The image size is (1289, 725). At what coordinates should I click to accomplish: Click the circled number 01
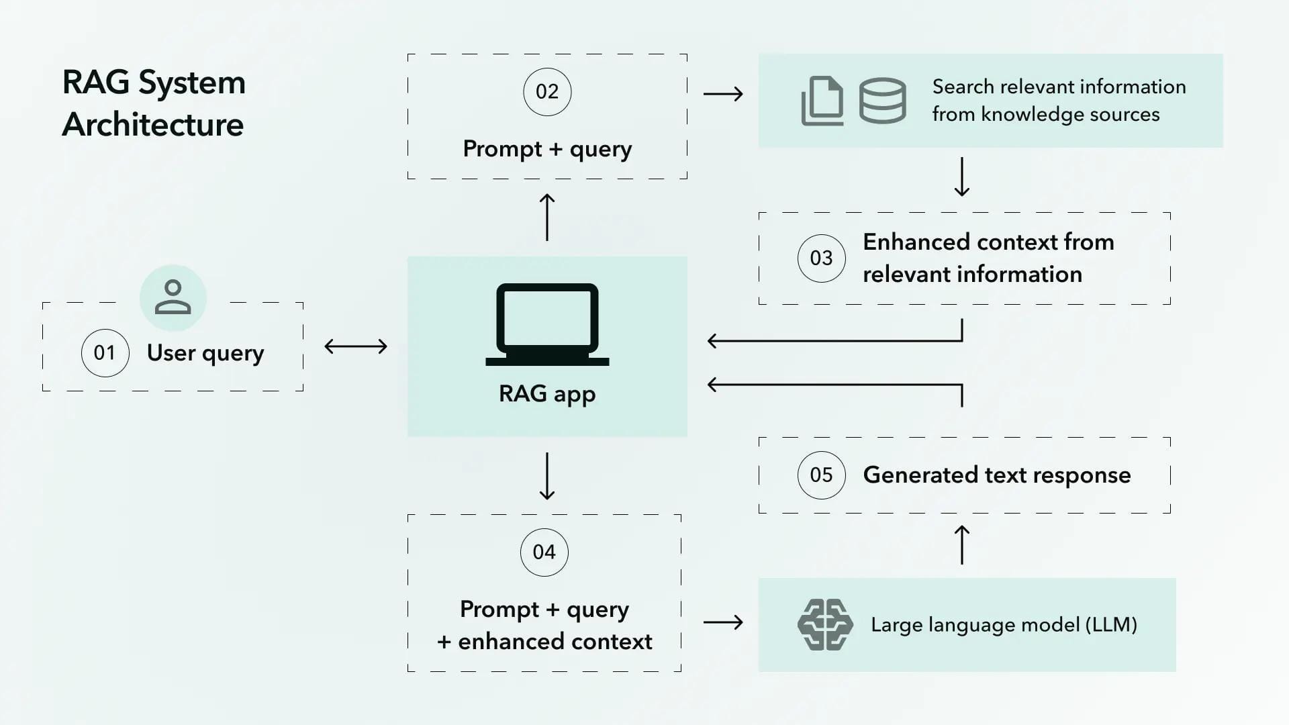tap(105, 352)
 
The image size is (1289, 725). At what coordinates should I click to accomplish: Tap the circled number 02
tap(547, 92)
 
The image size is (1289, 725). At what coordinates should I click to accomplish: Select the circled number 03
tap(821, 258)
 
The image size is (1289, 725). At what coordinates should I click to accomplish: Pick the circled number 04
tap(544, 552)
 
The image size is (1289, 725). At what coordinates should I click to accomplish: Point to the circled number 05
tap(821, 475)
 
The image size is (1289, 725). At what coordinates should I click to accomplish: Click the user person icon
tap(173, 297)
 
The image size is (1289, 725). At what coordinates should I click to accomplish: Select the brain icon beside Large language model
tap(825, 625)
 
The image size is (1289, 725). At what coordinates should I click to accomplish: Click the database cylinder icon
tap(882, 101)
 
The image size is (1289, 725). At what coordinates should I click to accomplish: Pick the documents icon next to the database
tap(822, 101)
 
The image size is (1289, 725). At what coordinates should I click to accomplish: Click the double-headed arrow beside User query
tap(356, 346)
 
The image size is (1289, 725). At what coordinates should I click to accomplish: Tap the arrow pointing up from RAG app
tap(547, 217)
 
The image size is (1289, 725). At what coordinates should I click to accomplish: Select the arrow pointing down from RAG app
tap(547, 476)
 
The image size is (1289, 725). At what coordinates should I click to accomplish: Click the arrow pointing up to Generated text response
tap(961, 544)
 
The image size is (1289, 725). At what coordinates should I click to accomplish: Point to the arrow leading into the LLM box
tap(723, 622)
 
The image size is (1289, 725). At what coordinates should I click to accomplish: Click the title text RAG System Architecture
tap(154, 103)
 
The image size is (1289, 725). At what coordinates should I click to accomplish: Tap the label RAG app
tap(547, 394)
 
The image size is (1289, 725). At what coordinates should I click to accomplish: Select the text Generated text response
tap(996, 475)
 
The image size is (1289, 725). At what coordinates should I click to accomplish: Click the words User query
tap(205, 353)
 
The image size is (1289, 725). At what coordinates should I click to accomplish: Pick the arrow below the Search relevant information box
tap(961, 177)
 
